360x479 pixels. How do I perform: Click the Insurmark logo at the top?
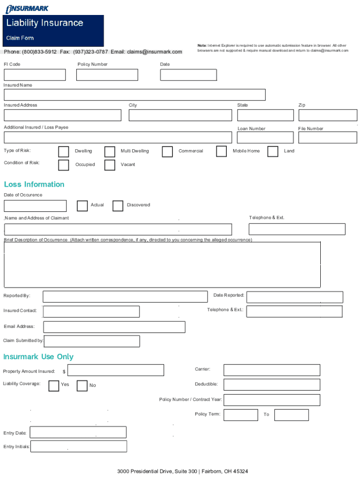coord(27,8)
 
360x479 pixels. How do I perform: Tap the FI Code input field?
coord(35,75)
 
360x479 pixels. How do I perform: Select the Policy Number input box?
coord(107,75)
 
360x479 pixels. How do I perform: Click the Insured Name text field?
coord(135,95)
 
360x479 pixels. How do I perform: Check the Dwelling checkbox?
coord(64,152)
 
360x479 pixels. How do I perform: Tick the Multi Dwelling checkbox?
coord(110,152)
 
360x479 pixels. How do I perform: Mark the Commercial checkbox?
coord(167,152)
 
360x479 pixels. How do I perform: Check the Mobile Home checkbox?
coord(222,152)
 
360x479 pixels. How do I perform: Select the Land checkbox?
coord(273,152)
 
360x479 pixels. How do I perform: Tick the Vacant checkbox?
coord(110,165)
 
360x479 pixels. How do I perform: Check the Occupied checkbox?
coord(64,165)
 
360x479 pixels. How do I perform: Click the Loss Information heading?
coord(34,184)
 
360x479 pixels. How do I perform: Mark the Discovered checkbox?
coord(118,206)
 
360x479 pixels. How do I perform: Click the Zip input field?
coord(328,115)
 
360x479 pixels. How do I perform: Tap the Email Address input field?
coord(114,327)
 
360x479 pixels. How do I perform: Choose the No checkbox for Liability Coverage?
coord(82,385)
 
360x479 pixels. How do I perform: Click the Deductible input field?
coord(272,385)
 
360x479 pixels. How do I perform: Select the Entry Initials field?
coord(79,447)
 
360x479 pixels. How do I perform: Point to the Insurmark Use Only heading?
coord(38,357)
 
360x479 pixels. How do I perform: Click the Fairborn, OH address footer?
coord(183,471)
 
